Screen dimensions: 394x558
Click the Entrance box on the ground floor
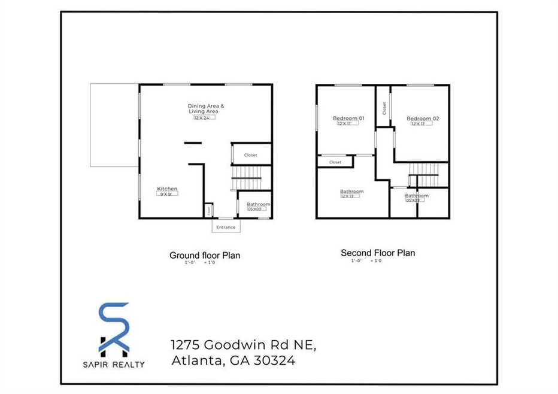click(x=226, y=228)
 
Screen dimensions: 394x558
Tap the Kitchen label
click(x=168, y=189)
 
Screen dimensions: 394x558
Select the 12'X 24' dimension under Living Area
click(x=204, y=118)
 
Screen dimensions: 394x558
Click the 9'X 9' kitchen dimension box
click(x=168, y=194)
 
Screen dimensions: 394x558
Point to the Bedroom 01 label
click(x=348, y=118)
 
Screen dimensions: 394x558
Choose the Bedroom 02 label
click(x=423, y=119)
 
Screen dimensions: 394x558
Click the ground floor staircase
click(x=247, y=177)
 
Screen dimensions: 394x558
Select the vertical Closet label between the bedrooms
click(x=384, y=108)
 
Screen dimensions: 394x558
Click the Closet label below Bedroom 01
click(x=335, y=162)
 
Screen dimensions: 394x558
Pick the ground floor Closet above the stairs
click(x=251, y=155)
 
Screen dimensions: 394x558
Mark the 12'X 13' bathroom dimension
click(x=350, y=196)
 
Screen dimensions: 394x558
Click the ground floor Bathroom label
click(x=259, y=204)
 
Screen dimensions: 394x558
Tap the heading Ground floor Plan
click(x=205, y=256)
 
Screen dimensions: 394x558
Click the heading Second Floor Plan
click(x=378, y=253)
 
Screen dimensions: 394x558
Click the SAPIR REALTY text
click(x=114, y=364)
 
